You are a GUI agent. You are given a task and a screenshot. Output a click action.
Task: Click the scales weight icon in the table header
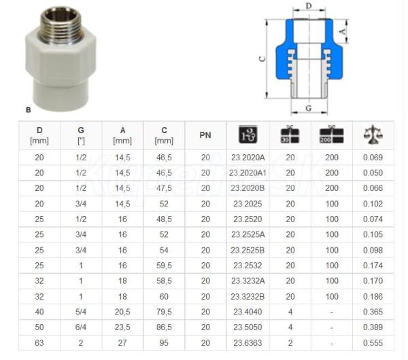tap(373, 134)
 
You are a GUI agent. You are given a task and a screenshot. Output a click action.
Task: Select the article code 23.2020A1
tap(248, 173)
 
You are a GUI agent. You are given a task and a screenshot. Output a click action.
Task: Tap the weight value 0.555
tap(373, 343)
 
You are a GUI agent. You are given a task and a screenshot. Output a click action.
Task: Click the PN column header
tap(205, 135)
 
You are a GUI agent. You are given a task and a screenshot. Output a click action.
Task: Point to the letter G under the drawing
tap(309, 108)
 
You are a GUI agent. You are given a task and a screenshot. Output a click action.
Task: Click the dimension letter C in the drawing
tap(262, 59)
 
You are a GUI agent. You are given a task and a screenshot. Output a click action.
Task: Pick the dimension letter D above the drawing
tap(309, 5)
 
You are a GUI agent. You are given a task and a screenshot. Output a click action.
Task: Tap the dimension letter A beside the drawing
tap(343, 32)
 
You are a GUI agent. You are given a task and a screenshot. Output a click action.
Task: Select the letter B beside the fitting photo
tap(29, 110)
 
